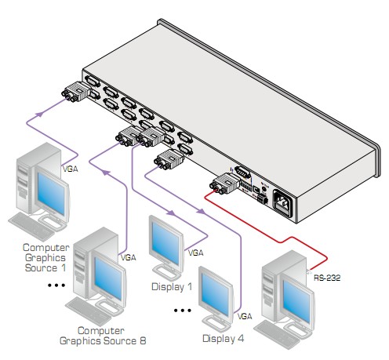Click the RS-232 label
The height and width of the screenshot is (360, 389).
pos(327,278)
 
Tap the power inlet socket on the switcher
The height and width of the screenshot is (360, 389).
pos(283,203)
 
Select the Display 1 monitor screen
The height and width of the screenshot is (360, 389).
pos(165,246)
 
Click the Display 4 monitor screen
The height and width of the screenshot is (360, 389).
pos(216,294)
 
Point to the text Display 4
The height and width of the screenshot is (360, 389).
pos(223,338)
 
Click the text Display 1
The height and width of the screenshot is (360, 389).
pos(172,287)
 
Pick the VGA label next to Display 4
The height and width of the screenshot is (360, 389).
pos(245,316)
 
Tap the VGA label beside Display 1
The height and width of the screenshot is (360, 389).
pos(195,253)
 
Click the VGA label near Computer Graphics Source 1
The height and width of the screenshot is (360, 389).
pos(71,169)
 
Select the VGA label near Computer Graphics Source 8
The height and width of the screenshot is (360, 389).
pos(128,258)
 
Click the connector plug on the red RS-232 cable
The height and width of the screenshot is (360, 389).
pos(224,184)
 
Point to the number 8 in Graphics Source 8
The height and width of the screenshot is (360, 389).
pos(143,341)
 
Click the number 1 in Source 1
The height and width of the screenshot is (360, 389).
pos(64,268)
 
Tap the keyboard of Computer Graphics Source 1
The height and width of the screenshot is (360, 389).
pos(31,226)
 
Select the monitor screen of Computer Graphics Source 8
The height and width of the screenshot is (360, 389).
pos(108,278)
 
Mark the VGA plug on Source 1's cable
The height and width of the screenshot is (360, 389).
pos(76,92)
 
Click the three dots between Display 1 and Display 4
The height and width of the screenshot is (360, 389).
pos(183,311)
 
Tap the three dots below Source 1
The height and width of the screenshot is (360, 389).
pos(56,285)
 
